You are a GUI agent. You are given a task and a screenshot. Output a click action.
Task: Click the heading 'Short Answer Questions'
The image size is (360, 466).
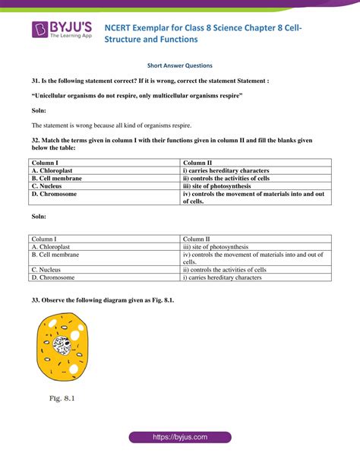pos(179,66)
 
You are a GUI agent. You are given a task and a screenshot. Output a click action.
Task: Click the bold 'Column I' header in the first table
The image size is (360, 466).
pos(45,163)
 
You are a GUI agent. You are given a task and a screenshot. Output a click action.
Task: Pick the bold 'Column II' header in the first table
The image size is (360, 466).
pos(198,163)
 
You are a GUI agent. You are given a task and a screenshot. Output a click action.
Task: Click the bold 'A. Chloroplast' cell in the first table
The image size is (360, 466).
pos(52,171)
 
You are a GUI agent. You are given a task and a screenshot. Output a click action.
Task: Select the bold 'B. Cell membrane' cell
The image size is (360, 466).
pos(56,179)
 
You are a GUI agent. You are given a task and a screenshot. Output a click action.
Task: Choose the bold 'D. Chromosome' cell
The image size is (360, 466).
pos(54,194)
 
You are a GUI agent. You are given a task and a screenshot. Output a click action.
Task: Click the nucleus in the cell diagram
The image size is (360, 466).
pos(64,344)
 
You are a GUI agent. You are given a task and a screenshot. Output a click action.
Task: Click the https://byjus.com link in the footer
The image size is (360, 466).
pos(179,438)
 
